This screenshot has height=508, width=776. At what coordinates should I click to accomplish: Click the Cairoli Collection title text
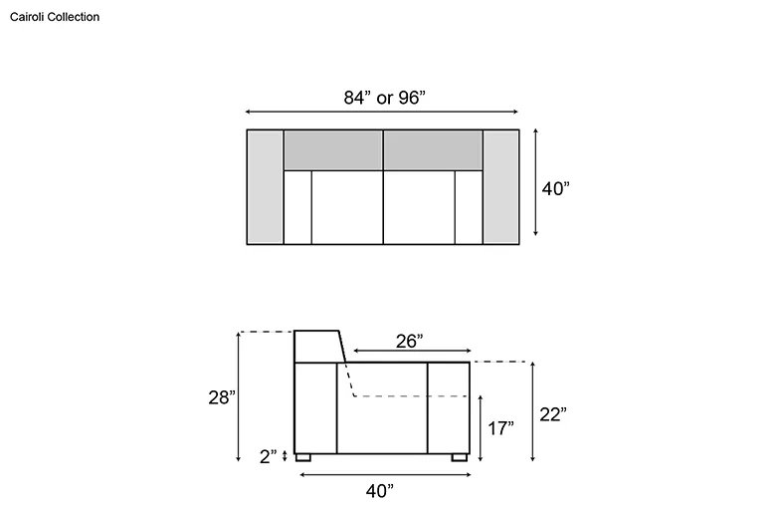55,17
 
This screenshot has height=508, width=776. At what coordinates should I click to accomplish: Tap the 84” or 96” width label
385,98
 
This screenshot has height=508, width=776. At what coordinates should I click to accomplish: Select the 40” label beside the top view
556,189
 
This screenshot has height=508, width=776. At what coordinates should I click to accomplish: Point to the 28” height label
222,397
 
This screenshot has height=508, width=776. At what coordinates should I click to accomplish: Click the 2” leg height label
269,456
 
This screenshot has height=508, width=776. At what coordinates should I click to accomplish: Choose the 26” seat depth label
409,341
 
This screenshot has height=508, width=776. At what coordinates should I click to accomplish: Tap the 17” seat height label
500,428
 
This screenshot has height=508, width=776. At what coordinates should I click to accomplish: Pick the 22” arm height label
553,414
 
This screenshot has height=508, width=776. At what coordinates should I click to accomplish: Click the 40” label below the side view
380,491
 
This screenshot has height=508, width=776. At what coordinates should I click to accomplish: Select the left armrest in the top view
266,187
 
